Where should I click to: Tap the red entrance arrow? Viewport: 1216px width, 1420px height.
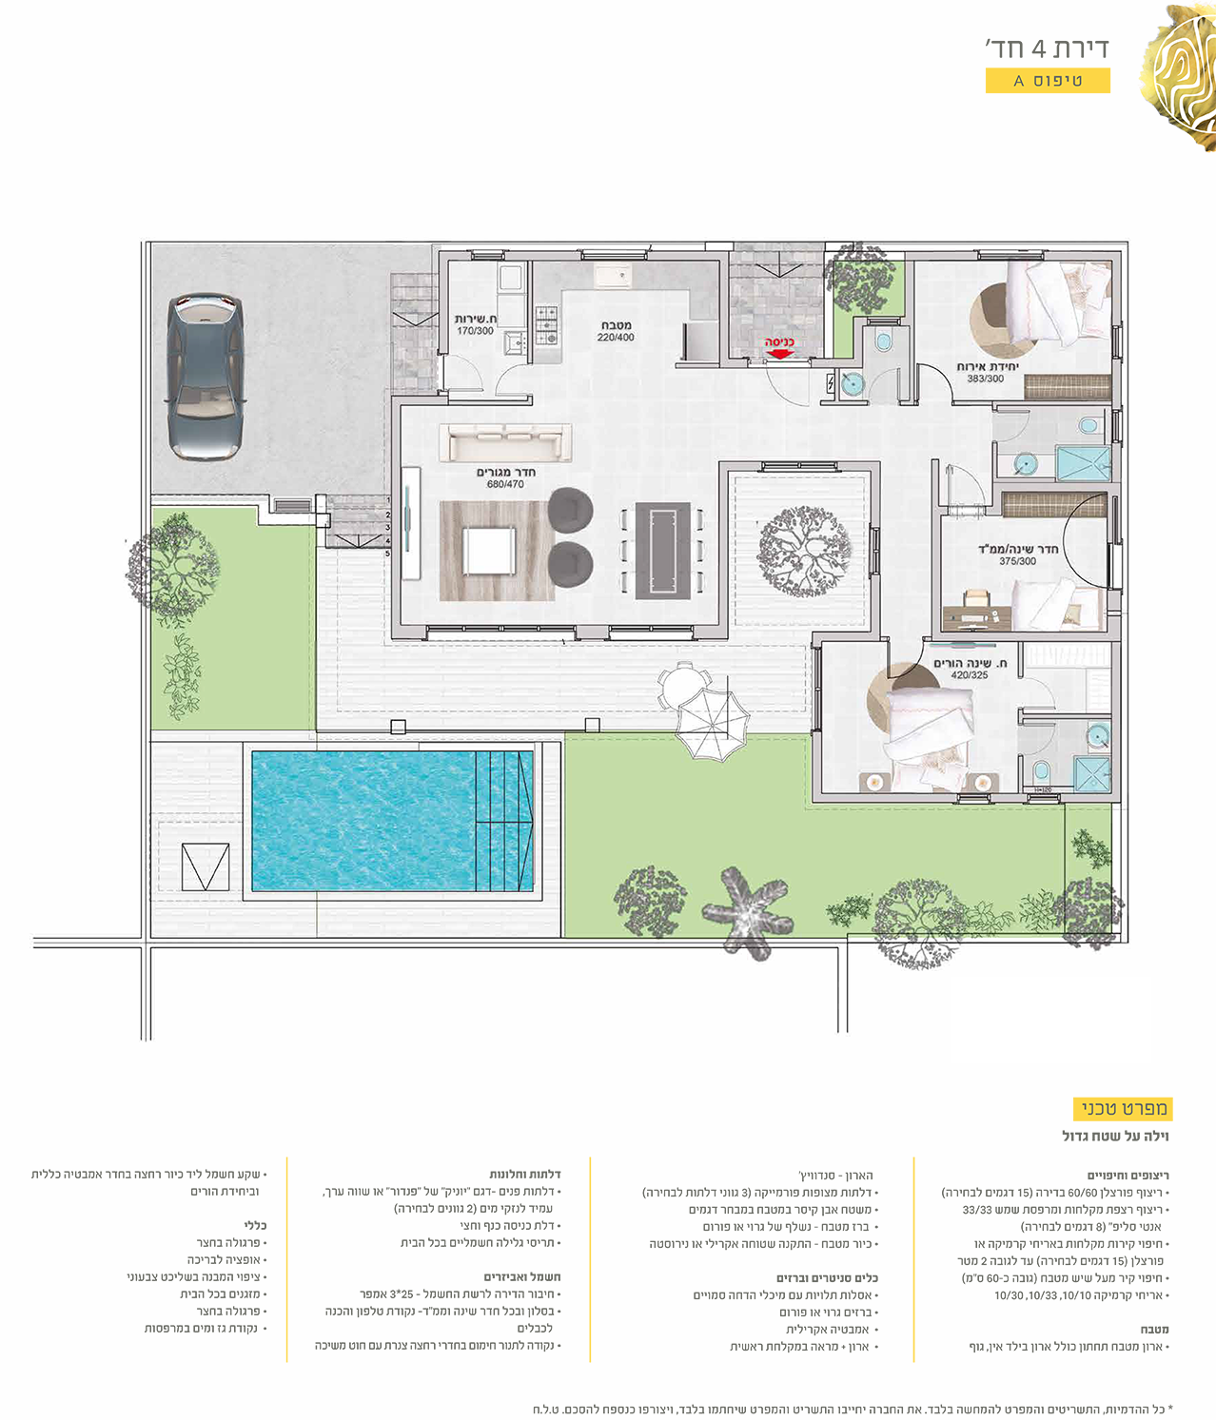tap(779, 355)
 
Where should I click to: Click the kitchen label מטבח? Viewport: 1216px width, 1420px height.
tap(616, 324)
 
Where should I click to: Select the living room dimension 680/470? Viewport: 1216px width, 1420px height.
tap(505, 484)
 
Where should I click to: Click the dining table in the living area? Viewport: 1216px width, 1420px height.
tap(662, 551)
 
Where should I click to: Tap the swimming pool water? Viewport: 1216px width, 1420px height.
tap(392, 821)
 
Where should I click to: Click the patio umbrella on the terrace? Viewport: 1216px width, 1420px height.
tap(712, 724)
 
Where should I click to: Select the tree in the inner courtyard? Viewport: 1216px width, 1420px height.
tap(803, 552)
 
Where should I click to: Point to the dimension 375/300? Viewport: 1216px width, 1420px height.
tap(1017, 561)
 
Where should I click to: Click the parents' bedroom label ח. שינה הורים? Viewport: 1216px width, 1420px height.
tap(970, 663)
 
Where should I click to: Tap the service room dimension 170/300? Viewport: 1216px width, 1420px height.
tap(475, 330)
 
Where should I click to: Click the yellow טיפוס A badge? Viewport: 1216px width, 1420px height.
tap(1048, 81)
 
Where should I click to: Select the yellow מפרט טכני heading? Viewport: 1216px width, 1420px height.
tap(1123, 1108)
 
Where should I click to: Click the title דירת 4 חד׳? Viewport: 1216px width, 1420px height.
tap(1047, 49)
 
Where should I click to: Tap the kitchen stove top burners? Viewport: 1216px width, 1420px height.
tap(547, 325)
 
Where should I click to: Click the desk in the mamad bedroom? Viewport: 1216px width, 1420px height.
tap(977, 617)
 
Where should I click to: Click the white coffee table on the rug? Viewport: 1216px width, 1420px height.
tap(489, 551)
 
